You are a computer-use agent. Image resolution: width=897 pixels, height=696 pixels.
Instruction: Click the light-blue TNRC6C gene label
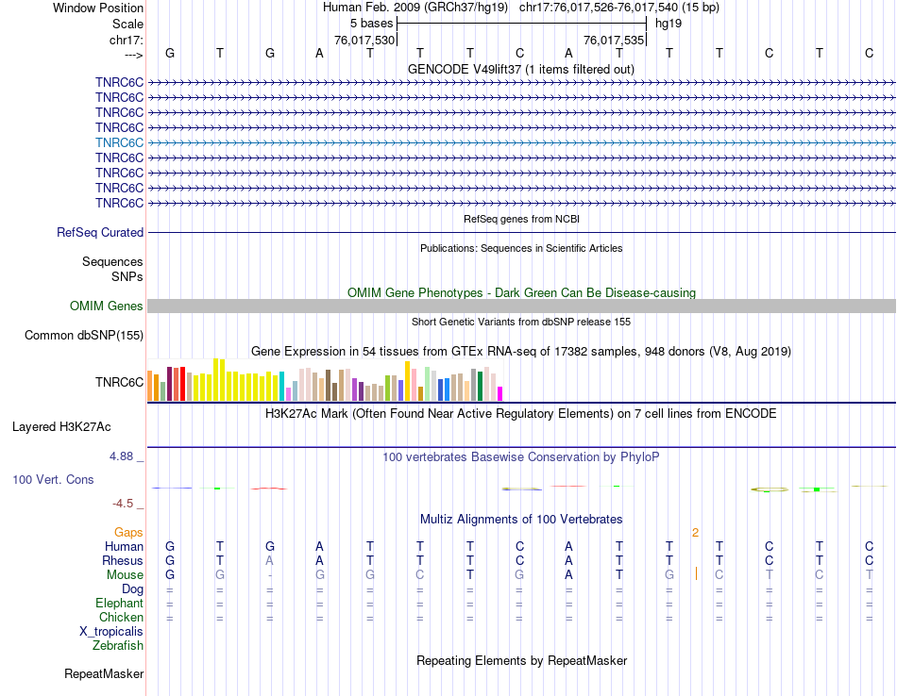(x=119, y=142)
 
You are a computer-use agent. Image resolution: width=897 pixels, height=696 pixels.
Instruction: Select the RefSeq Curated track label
(x=100, y=233)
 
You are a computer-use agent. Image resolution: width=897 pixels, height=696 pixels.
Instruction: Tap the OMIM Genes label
(x=107, y=306)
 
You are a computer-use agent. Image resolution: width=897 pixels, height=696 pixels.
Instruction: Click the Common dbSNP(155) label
(x=84, y=336)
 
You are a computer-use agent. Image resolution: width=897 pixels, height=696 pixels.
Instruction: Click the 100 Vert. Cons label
(x=53, y=480)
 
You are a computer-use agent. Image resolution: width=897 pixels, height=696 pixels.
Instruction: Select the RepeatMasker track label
(x=104, y=674)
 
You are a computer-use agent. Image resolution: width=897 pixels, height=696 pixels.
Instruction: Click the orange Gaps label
(x=128, y=533)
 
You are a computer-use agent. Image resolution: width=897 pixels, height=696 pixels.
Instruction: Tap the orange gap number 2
(x=695, y=533)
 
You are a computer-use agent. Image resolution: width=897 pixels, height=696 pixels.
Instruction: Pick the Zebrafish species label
(x=118, y=646)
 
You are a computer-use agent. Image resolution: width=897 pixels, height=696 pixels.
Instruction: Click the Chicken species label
(x=121, y=618)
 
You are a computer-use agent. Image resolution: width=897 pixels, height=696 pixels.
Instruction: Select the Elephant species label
(x=119, y=604)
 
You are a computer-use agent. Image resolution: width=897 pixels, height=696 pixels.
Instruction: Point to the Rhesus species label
(x=123, y=561)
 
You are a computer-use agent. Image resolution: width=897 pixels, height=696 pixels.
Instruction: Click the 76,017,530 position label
(x=364, y=41)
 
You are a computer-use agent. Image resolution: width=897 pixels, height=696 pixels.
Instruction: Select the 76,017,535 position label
(x=614, y=41)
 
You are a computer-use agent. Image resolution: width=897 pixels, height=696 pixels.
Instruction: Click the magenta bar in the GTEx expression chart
(x=500, y=393)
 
